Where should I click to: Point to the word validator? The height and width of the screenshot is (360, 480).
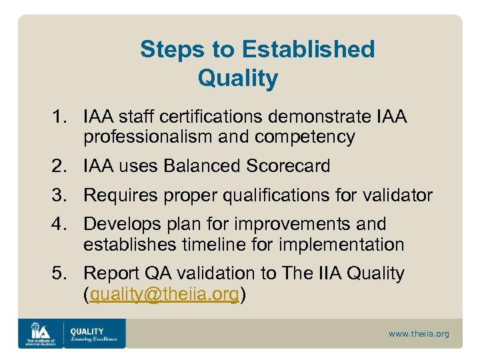(399, 195)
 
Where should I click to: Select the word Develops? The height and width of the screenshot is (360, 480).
(121, 225)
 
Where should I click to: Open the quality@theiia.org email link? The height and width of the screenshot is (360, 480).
(164, 294)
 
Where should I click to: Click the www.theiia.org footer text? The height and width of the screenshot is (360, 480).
(419, 333)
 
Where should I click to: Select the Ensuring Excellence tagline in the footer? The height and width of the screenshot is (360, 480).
(94, 339)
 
